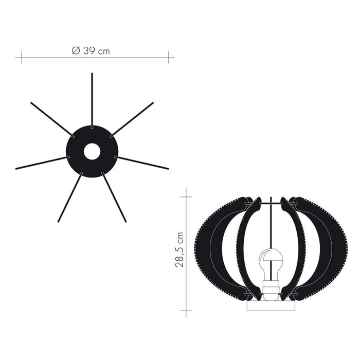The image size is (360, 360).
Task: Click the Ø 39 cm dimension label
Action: (x=91, y=51)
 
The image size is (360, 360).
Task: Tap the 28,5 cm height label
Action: (x=179, y=249)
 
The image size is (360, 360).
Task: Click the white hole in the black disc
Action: (x=92, y=152)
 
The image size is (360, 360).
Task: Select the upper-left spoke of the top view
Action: (x=52, y=120)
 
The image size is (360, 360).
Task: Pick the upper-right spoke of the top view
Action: (x=132, y=120)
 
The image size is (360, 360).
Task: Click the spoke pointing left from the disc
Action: (x=43, y=163)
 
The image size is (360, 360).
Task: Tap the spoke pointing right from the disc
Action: (x=141, y=163)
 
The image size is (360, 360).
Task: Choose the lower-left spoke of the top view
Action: (x=70, y=197)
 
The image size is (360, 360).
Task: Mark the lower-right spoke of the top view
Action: (x=114, y=197)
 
